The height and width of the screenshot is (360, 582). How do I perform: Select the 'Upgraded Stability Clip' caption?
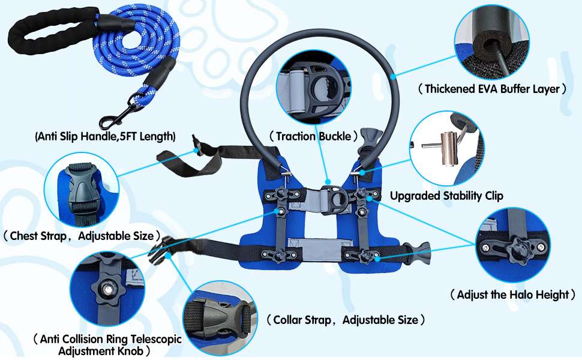(x=446, y=196)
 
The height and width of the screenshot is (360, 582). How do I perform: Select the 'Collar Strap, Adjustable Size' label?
(x=345, y=320)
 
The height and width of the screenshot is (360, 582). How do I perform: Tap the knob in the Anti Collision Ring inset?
(x=107, y=287)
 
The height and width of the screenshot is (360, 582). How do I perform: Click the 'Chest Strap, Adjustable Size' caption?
(x=82, y=236)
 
